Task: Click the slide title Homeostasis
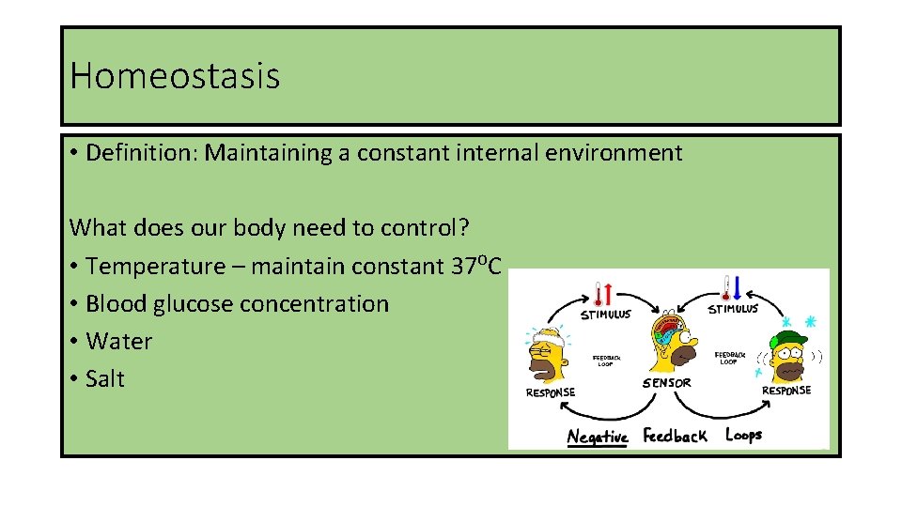(175, 75)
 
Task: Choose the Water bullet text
(118, 342)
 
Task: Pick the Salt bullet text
(104, 379)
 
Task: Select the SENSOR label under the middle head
(666, 382)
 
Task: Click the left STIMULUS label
(605, 314)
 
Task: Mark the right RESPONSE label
(785, 390)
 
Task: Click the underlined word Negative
(597, 437)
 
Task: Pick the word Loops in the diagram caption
(743, 435)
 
